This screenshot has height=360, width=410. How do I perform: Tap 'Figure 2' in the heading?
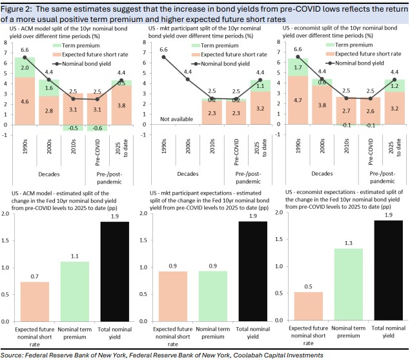(20, 7)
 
